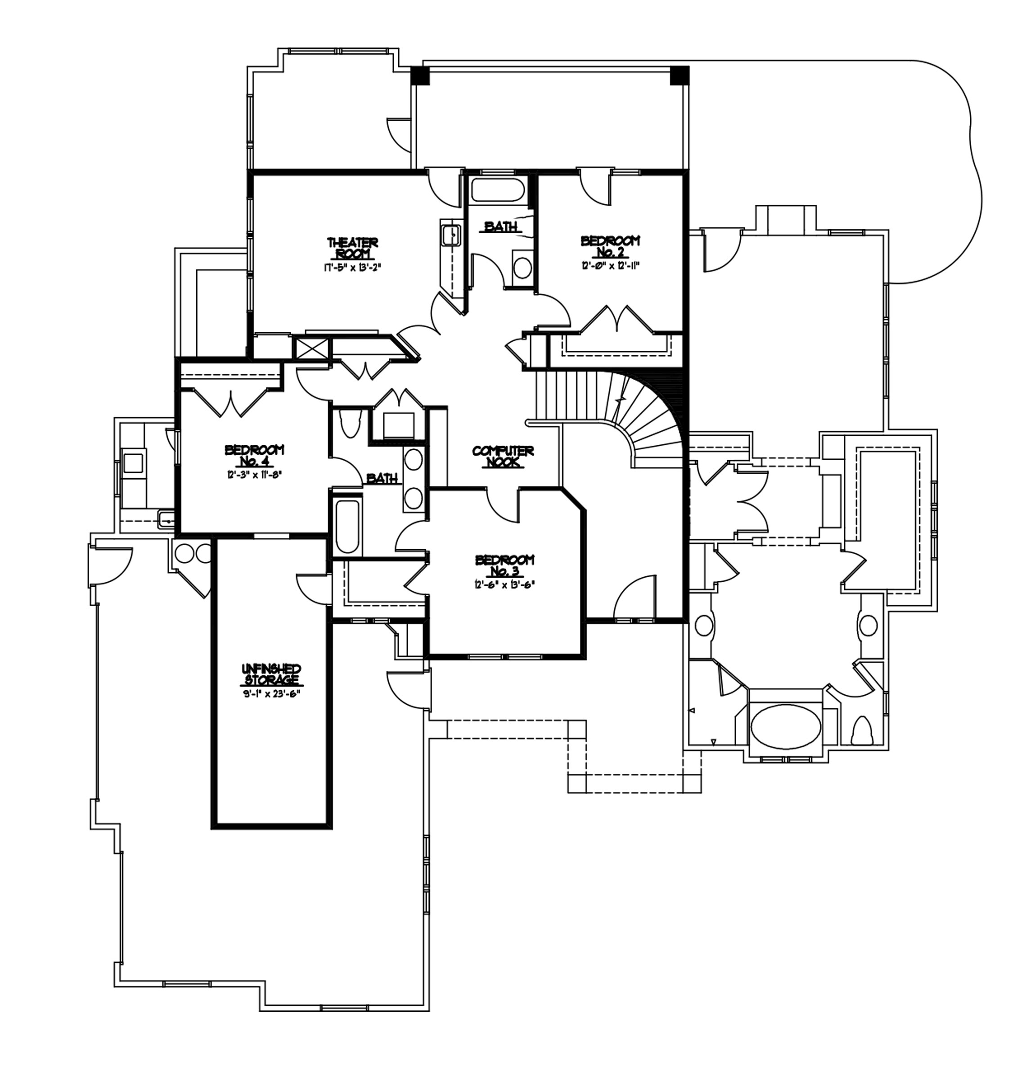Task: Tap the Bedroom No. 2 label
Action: coord(610,246)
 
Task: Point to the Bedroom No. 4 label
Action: coord(254,455)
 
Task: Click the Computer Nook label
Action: coord(502,457)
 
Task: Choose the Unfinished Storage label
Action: coord(271,674)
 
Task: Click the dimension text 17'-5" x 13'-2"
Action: coord(352,269)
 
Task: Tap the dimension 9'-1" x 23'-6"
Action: coord(271,693)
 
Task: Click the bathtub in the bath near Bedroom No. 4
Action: coord(347,526)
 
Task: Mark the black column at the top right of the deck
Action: coord(679,75)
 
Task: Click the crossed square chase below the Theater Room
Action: coord(311,349)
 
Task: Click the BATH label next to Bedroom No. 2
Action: coord(500,226)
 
